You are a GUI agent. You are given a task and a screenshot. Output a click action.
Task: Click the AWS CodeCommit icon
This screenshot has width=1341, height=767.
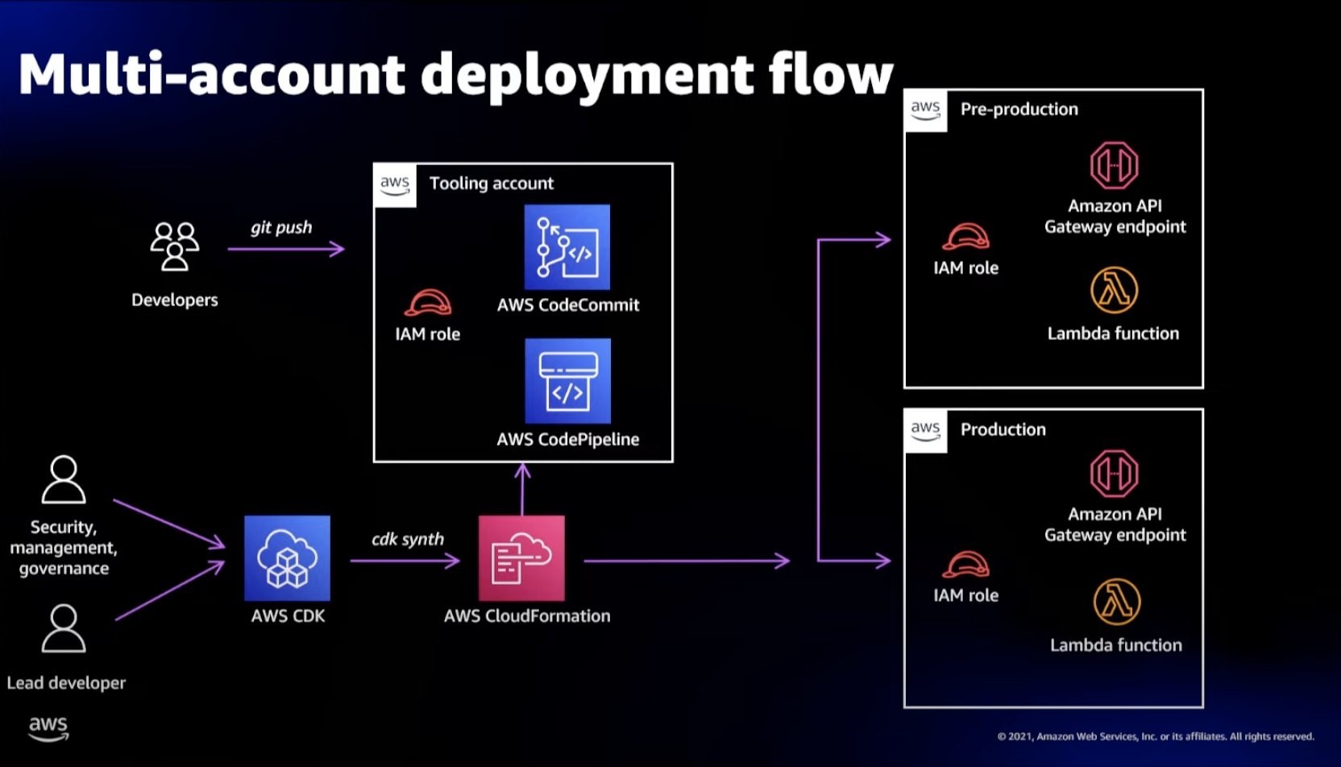pyautogui.click(x=567, y=247)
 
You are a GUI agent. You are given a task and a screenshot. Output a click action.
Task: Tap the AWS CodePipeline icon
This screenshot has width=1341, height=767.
pyautogui.click(x=567, y=380)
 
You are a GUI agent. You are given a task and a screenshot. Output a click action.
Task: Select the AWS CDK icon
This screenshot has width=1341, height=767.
pyautogui.click(x=287, y=558)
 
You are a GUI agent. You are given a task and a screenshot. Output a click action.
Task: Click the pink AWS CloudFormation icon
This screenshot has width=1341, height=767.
pyautogui.click(x=521, y=558)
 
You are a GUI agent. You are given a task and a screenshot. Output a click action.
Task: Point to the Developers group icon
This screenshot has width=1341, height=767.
pyautogui.click(x=175, y=247)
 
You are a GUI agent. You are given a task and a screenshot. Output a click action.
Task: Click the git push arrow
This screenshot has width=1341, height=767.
pyautogui.click(x=286, y=249)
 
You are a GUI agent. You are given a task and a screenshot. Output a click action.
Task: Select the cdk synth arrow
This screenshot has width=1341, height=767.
pyautogui.click(x=405, y=560)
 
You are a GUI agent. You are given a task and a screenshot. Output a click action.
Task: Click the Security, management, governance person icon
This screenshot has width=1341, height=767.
pyautogui.click(x=64, y=479)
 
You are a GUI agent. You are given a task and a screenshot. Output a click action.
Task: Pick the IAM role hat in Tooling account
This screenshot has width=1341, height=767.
pyautogui.click(x=428, y=303)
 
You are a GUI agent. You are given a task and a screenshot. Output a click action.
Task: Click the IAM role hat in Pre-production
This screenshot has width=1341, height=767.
pyautogui.click(x=965, y=237)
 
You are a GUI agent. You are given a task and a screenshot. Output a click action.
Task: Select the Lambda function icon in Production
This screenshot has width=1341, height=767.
pyautogui.click(x=1116, y=601)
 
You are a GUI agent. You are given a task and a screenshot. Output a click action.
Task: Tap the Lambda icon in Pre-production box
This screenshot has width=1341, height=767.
pyautogui.click(x=1114, y=290)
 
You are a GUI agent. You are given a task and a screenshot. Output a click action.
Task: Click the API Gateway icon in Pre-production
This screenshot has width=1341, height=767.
pyautogui.click(x=1114, y=165)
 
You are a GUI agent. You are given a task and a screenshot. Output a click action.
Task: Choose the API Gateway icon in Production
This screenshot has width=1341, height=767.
pyautogui.click(x=1114, y=473)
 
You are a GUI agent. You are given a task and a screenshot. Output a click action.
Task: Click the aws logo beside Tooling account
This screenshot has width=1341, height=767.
pyautogui.click(x=395, y=184)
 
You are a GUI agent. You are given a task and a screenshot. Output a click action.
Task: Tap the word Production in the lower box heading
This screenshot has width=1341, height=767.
pyautogui.click(x=1003, y=429)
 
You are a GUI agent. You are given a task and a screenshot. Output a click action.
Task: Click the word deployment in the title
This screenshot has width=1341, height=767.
pyautogui.click(x=587, y=75)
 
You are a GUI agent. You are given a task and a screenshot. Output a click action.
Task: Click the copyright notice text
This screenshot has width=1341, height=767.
pyautogui.click(x=1155, y=736)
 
